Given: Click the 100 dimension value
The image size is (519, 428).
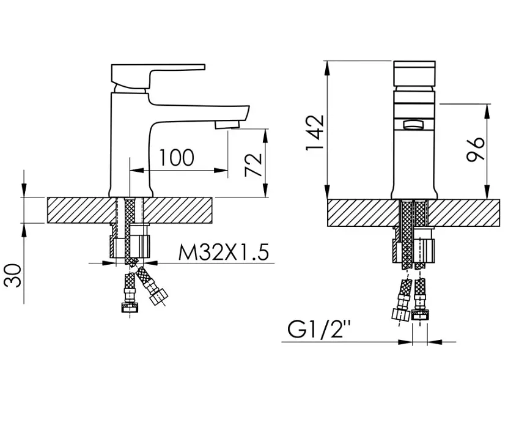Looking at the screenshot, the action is [177, 158].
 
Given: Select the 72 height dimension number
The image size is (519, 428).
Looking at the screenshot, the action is [253, 165].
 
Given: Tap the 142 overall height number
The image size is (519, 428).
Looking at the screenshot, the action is [314, 133].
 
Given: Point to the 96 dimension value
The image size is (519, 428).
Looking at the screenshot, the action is [476, 149].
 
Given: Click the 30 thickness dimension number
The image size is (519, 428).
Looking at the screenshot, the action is [13, 275].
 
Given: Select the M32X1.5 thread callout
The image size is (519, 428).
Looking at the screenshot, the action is [223, 253].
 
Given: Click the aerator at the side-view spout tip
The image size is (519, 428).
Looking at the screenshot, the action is [227, 125].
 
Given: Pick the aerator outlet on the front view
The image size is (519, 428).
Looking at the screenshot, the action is [413, 125].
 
